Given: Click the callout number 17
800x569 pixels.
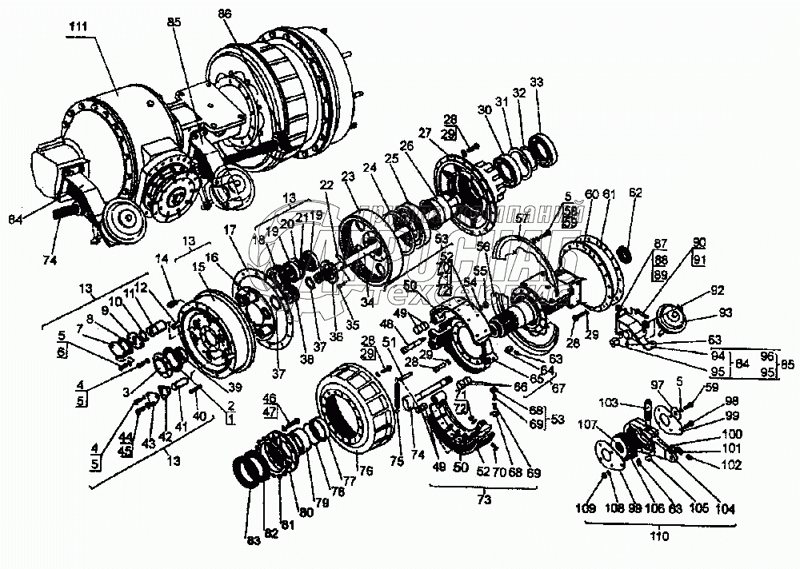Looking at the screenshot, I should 230,229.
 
